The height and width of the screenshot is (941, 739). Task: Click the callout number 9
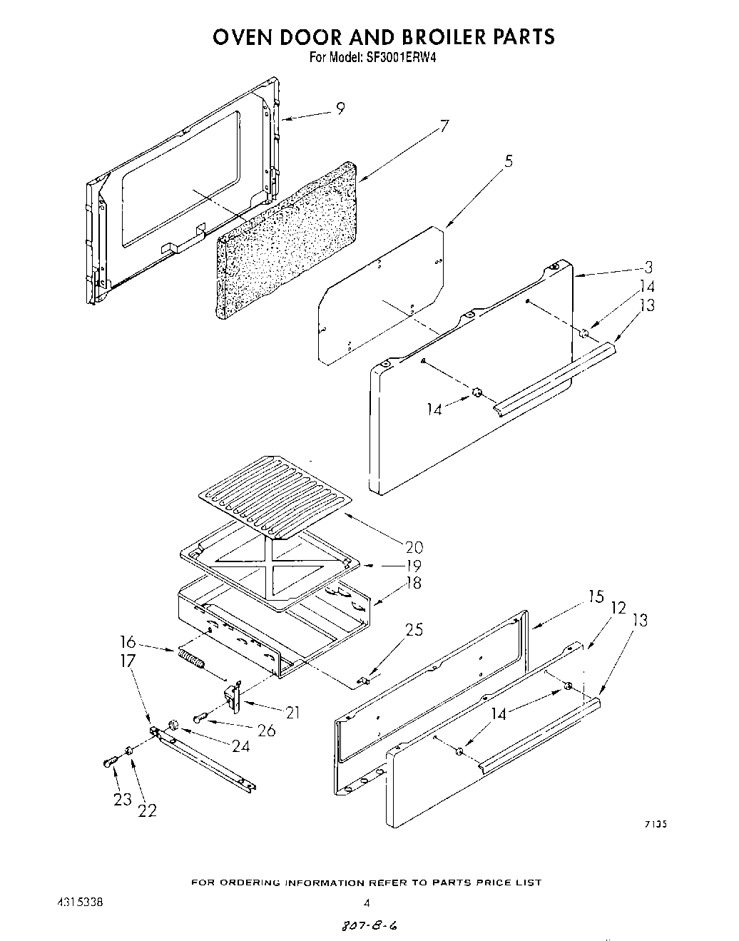tap(341, 108)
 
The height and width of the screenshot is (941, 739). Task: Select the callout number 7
tap(444, 127)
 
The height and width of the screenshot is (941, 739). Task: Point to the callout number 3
tap(648, 268)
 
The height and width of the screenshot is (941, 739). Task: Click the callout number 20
tap(414, 547)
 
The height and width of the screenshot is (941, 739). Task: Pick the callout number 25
tap(414, 629)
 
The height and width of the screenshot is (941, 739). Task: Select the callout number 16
tap(129, 641)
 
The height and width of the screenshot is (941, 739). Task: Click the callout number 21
tap(292, 712)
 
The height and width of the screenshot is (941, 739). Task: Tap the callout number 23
tap(123, 799)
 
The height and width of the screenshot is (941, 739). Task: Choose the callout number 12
tap(618, 607)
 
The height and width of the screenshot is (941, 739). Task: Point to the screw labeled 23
tap(109, 762)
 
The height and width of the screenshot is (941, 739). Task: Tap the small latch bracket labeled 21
tap(233, 696)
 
